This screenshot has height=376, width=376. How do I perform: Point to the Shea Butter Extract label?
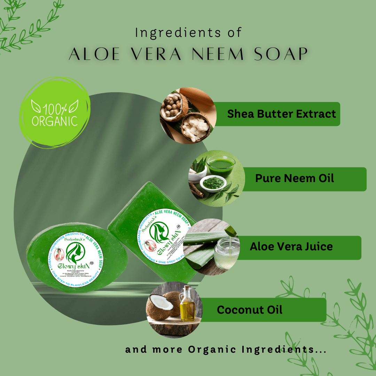point(281,114)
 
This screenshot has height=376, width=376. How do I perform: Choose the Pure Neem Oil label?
point(295,179)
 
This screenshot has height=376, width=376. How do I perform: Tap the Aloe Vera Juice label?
point(291,247)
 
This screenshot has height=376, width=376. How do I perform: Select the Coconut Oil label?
point(250,310)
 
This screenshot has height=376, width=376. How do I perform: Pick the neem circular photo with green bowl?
point(216,179)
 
